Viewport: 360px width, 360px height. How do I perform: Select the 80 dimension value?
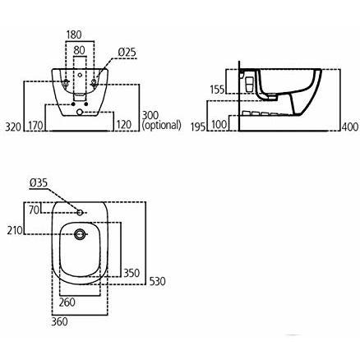[81, 51]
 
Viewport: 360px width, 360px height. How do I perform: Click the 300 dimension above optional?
[150, 117]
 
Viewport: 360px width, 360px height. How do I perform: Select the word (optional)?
[161, 127]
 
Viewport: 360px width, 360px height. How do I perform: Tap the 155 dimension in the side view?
[217, 89]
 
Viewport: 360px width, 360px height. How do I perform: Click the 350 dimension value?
[130, 272]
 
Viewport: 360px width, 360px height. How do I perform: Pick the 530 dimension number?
[158, 282]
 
